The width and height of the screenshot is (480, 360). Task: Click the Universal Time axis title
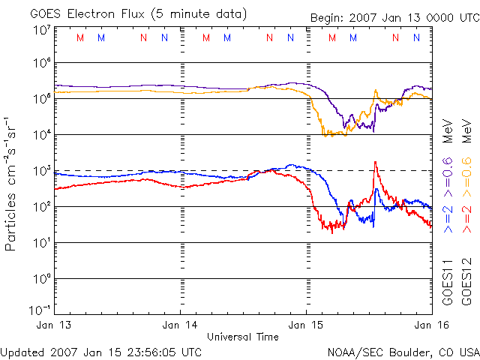point(242,337)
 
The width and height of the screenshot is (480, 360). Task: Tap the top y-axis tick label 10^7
point(41,30)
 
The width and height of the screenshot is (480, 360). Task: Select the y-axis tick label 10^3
point(41,170)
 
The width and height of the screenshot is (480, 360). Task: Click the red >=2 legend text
point(466,213)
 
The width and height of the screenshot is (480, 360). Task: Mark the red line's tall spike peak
point(375,162)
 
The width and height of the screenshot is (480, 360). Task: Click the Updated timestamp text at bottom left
point(101,351)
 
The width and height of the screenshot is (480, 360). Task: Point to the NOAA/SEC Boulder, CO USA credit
point(403,351)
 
